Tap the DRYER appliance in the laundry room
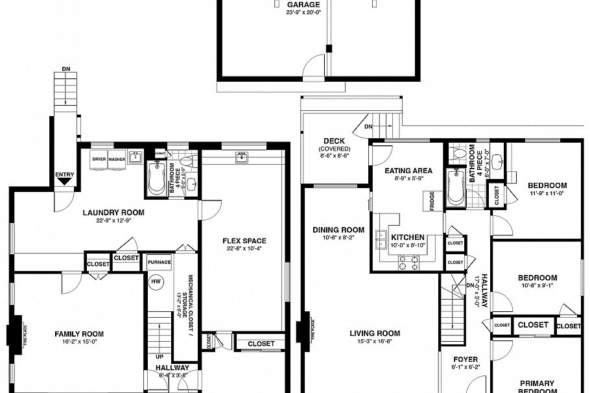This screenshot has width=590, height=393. click(x=99, y=160)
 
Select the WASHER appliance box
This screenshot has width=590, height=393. click(x=117, y=160)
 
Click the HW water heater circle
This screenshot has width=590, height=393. click(x=156, y=281)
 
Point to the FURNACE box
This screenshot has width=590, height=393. click(x=159, y=262)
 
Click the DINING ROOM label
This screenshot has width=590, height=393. click(x=338, y=230)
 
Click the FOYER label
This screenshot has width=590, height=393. click(x=466, y=359)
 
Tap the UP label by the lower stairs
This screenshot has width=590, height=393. click(x=159, y=357)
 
